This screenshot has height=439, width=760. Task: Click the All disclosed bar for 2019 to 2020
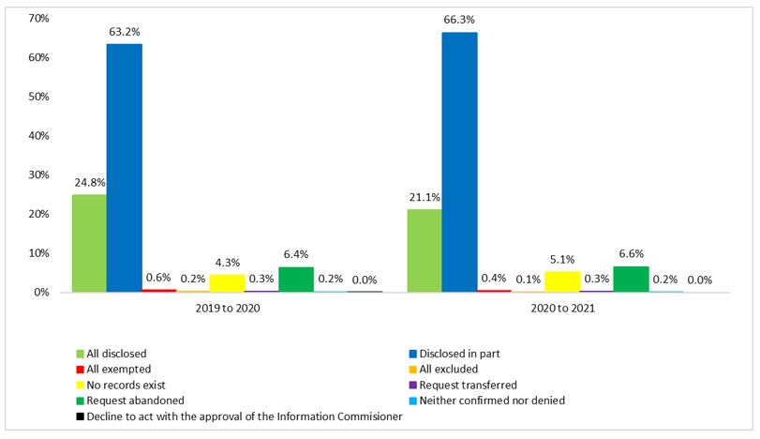click(x=89, y=244)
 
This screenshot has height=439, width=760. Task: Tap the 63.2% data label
click(x=125, y=31)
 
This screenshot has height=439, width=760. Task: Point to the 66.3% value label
click(x=459, y=19)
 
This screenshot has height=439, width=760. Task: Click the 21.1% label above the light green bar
click(x=425, y=197)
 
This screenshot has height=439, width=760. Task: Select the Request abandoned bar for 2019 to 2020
click(x=295, y=280)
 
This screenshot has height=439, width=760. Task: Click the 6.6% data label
click(x=631, y=253)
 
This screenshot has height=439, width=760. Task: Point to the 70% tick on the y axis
click(x=38, y=19)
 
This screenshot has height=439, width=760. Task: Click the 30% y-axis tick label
click(x=38, y=174)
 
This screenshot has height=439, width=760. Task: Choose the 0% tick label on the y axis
click(x=41, y=292)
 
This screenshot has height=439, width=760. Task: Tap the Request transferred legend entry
click(x=468, y=385)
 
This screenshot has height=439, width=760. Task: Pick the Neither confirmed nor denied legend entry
click(x=492, y=401)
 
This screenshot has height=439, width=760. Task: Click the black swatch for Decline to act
click(x=81, y=416)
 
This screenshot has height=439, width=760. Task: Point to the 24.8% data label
click(x=90, y=182)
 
